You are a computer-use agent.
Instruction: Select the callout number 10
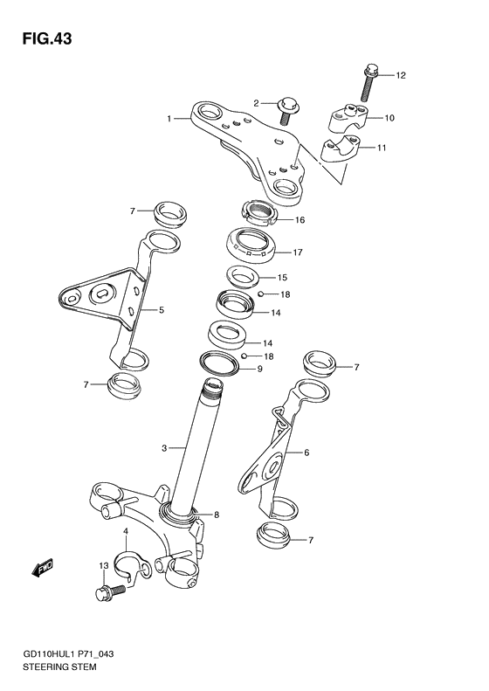[389, 117]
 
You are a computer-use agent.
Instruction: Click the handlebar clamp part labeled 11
[337, 151]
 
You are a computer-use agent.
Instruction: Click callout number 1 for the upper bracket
[172, 116]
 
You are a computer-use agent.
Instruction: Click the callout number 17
[297, 252]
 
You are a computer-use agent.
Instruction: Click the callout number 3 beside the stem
[163, 448]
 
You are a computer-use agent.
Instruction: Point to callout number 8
[217, 515]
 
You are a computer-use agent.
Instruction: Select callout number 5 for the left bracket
[161, 310]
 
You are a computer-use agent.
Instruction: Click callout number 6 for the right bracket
[306, 453]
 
